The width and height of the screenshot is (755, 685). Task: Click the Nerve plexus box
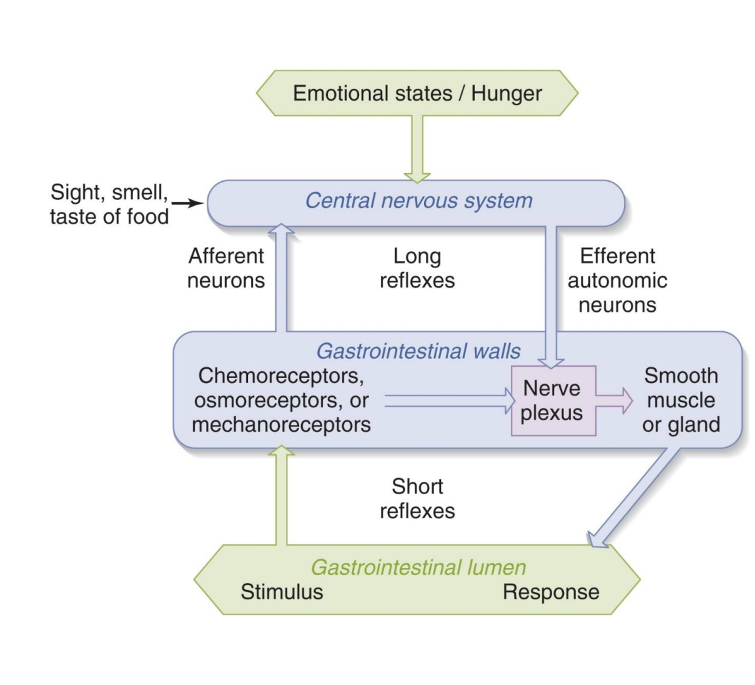point(553,401)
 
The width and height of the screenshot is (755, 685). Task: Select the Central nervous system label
point(419,200)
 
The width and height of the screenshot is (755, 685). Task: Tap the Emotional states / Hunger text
point(417,93)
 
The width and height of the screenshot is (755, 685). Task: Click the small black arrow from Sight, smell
point(190,204)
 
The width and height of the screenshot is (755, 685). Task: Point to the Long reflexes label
point(417,267)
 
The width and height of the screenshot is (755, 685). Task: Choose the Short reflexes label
point(417,498)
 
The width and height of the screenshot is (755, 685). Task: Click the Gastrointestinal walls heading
point(418,351)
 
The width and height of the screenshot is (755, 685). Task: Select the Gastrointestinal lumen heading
point(418,567)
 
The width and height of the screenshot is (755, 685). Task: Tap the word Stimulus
point(281,592)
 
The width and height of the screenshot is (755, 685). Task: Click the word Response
point(550,592)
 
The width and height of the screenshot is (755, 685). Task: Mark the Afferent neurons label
point(226,267)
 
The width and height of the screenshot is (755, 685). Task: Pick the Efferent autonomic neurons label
point(617,280)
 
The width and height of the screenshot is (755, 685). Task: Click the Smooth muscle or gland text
point(680,400)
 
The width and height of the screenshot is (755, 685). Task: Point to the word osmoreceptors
point(281,400)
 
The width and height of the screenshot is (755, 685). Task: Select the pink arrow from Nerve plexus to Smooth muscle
point(614,401)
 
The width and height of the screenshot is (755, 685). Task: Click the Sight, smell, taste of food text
point(109,204)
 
